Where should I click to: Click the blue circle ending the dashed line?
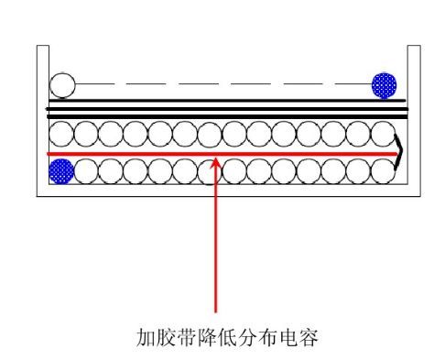pos(384,85)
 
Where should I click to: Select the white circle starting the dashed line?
pos(61,86)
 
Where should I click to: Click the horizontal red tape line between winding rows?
pos(137,153)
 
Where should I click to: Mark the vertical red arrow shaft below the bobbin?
pos(216,247)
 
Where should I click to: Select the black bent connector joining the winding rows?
pos(399,153)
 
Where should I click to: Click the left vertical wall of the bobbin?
pos(38,119)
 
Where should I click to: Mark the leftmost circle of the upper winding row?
pos(61,135)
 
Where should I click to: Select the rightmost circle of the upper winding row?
pos(384,135)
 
